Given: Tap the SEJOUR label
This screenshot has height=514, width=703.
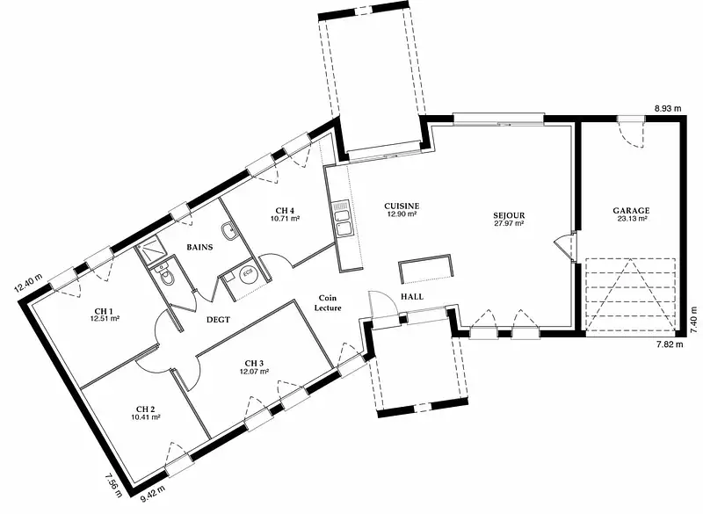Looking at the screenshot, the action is [x=509, y=215].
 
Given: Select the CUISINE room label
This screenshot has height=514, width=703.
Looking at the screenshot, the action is [x=402, y=206].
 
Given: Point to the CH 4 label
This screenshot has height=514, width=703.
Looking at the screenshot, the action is [x=285, y=210].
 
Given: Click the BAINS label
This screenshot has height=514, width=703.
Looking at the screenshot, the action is [x=199, y=247].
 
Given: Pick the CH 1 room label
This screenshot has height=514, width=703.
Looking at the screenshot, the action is [x=104, y=310].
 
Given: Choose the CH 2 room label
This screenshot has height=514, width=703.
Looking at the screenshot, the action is [x=146, y=409].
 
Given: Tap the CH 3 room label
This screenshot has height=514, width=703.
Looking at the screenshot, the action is [x=254, y=363].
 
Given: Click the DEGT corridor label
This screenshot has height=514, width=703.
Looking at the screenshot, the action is [x=218, y=320].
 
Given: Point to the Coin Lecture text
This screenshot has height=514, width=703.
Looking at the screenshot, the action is [x=328, y=303].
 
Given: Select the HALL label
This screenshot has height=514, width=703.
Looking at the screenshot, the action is [x=412, y=296].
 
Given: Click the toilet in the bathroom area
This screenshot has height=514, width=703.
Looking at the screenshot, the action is [x=163, y=274].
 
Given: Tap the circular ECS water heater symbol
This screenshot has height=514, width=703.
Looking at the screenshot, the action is [x=248, y=275].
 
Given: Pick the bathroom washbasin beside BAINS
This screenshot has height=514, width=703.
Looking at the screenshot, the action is [x=228, y=231].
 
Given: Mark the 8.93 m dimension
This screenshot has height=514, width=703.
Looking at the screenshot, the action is [x=668, y=108].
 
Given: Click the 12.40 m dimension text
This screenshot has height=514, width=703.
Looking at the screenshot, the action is [x=28, y=282].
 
